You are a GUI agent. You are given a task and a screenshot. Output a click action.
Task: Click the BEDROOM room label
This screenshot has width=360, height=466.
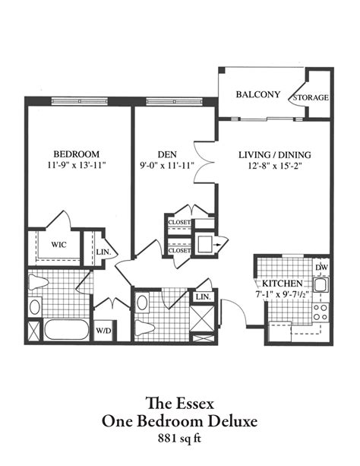coord(77,151)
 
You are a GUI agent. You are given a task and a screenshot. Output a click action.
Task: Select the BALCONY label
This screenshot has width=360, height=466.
coord(258,95)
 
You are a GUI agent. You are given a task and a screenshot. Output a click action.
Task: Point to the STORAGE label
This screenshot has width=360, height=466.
coord(312,98)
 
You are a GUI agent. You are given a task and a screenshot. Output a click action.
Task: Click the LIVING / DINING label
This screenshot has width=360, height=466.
coord(273,154)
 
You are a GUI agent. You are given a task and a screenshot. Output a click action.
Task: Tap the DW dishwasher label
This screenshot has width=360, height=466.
coord(321,268)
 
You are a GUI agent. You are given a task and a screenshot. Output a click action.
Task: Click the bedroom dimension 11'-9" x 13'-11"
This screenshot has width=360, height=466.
coord(77,164)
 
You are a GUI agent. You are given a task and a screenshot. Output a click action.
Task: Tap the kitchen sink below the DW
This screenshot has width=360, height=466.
coord(321,287)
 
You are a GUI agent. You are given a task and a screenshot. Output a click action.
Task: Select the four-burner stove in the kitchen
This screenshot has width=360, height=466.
coord(321,311)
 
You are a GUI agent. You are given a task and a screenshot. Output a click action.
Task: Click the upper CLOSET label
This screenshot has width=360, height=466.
coord(179,223)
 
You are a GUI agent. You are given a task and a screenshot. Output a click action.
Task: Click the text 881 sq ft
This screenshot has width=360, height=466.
coord(180,438)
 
